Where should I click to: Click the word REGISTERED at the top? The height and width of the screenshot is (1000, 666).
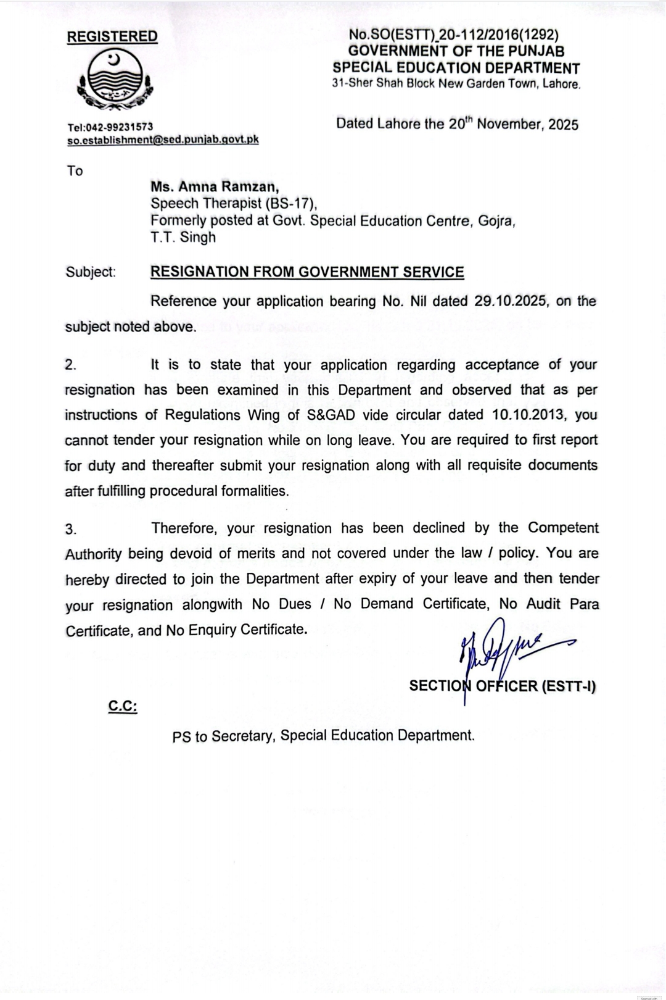pos(112,36)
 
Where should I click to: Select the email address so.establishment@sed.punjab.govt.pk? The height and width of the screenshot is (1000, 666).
pos(162,140)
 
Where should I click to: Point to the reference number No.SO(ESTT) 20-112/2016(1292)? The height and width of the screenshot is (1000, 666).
pos(453,35)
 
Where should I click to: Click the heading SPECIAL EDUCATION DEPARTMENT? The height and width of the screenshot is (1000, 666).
pos(456,68)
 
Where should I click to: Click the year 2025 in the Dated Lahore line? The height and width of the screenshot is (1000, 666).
pos(563,125)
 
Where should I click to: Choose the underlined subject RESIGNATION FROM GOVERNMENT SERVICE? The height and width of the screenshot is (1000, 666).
pos(307,272)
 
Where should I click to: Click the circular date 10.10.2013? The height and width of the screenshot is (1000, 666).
pos(529,415)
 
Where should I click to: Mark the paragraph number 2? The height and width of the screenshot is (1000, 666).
pos(71,365)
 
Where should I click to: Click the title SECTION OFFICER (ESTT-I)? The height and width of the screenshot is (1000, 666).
pos(503,686)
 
